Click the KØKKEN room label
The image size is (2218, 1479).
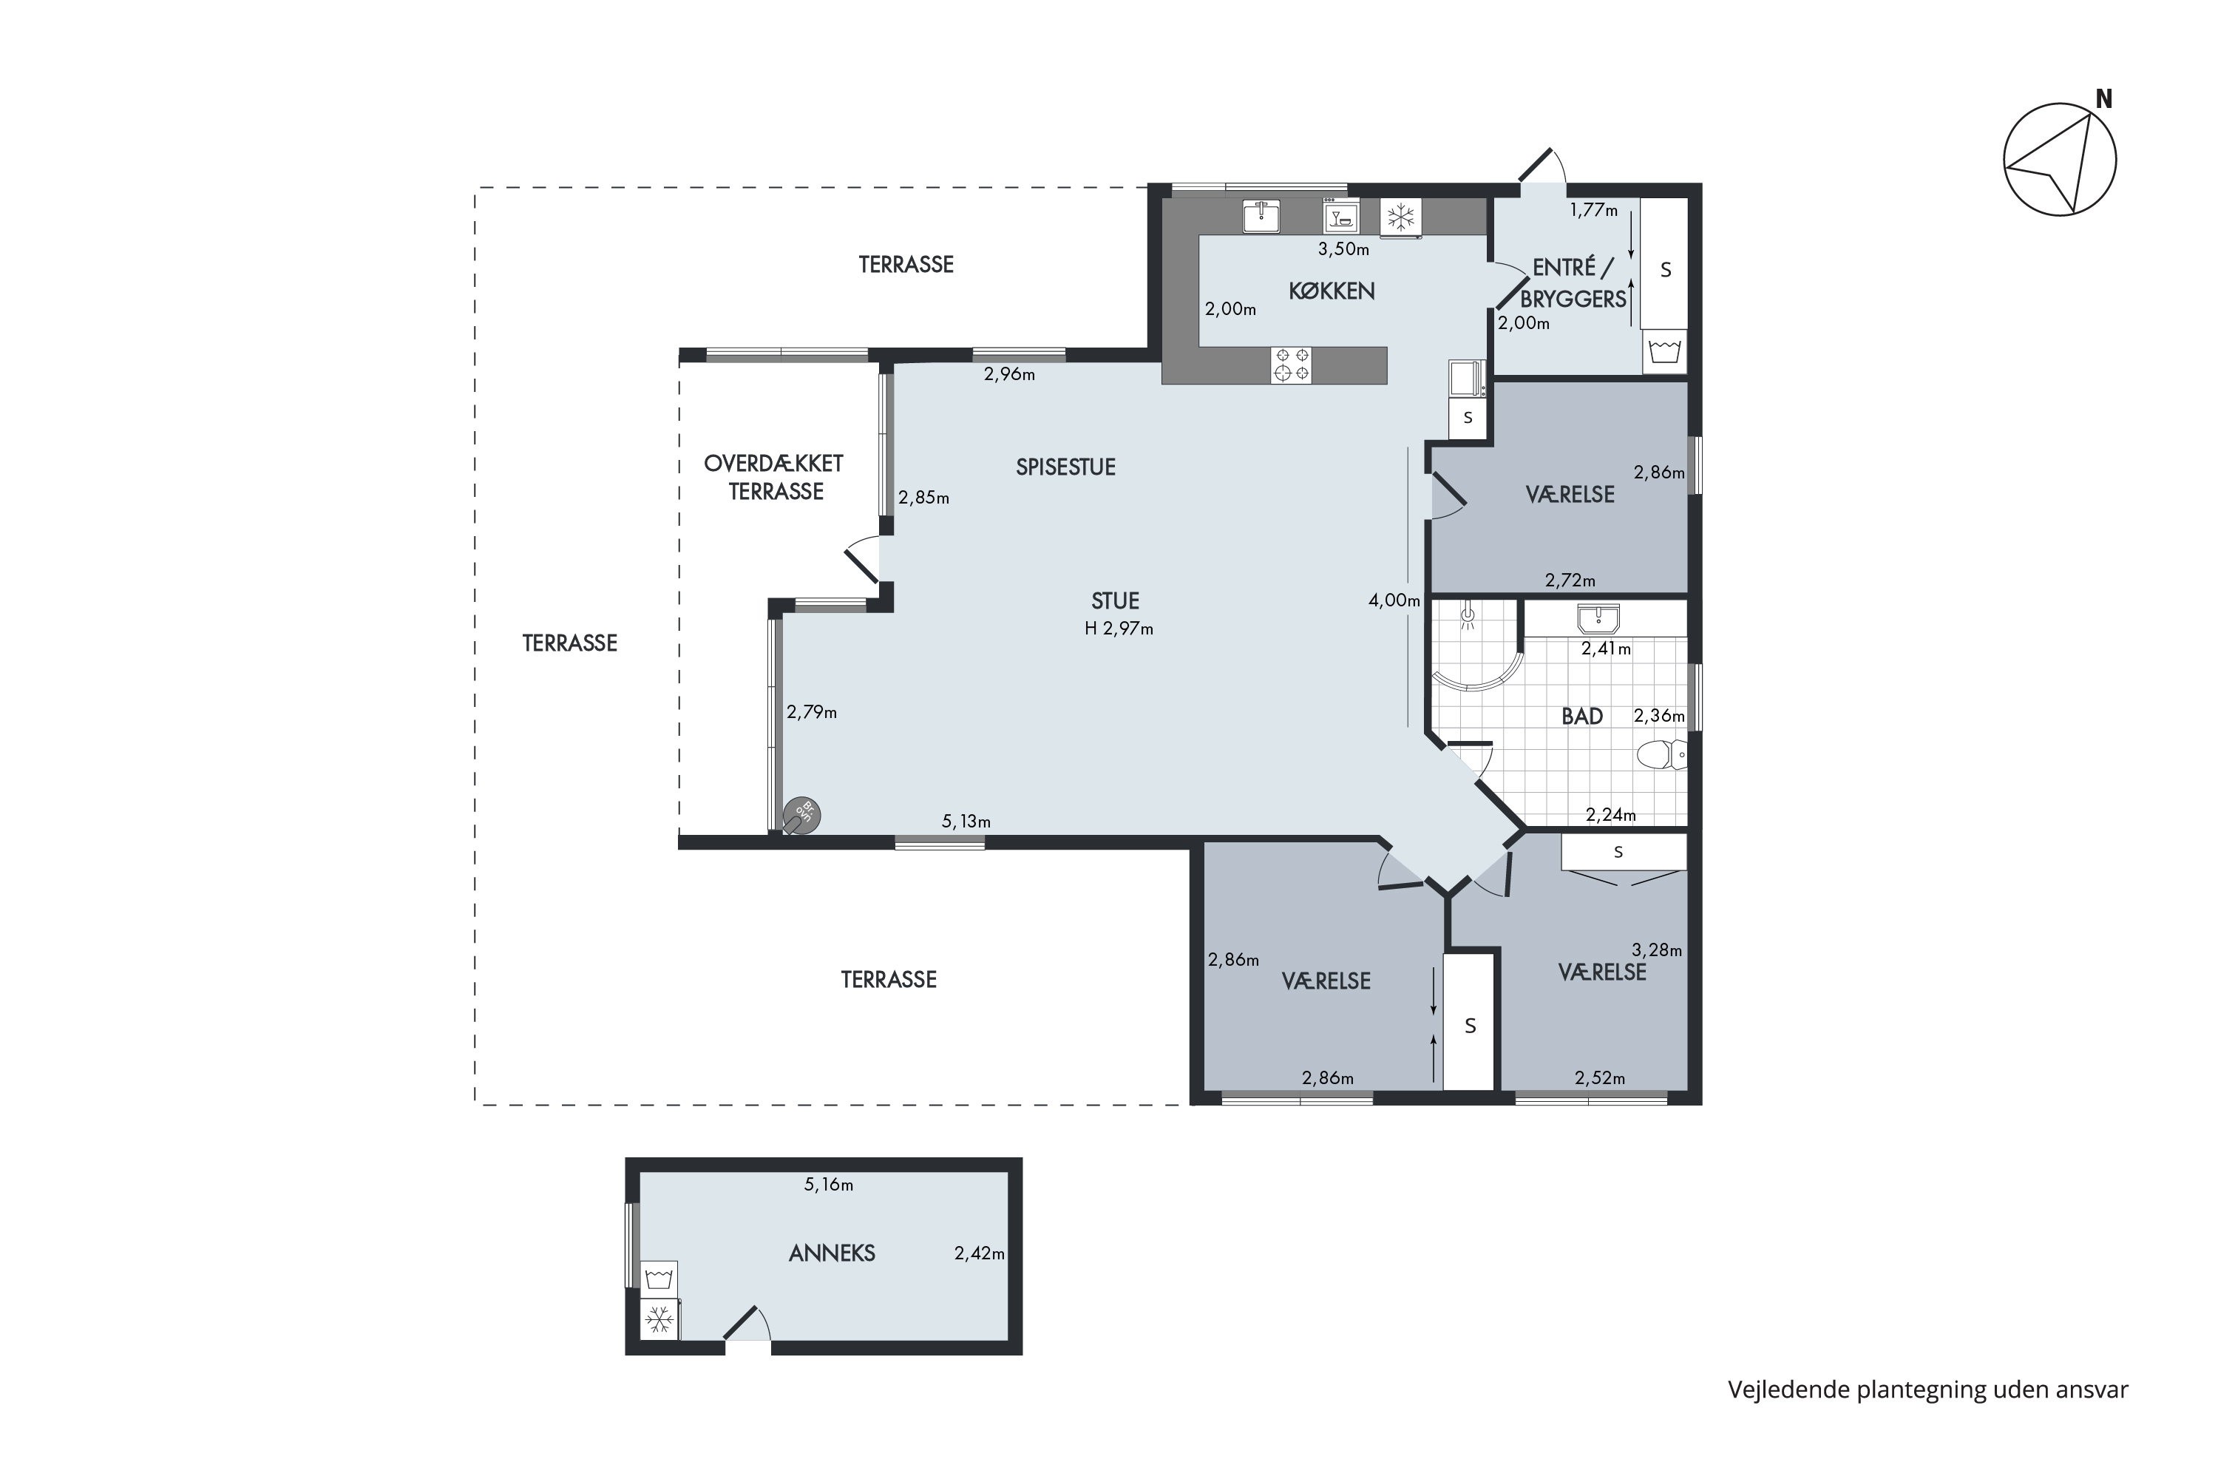[x=1332, y=291]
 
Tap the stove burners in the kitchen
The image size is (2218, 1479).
[x=1291, y=365]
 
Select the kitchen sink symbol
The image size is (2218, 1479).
[x=1260, y=216]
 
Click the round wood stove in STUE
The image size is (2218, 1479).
[x=801, y=815]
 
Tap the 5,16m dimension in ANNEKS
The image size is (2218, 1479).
[x=828, y=1185]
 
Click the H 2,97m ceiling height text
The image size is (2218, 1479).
[x=1119, y=628]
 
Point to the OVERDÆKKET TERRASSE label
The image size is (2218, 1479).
[x=774, y=477]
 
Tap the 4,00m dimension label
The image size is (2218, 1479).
[x=1394, y=600]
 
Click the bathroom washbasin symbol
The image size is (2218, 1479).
[x=1598, y=619]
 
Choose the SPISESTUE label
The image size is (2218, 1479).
[x=1065, y=467]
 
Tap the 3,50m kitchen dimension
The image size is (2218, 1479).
[x=1343, y=249]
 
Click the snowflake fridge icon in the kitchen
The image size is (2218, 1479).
[x=1400, y=217]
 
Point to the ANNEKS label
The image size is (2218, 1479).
[x=832, y=1253]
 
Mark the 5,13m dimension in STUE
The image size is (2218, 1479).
[x=966, y=822]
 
